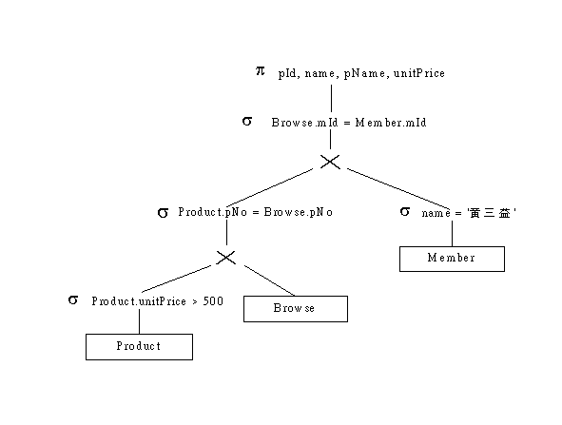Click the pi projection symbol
coord(261,71)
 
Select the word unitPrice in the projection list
coord(419,73)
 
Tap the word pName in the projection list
coord(364,73)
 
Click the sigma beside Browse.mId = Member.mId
coord(247,121)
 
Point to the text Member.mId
coord(391,123)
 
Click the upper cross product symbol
coord(330,162)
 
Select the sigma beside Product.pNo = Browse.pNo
coord(163,213)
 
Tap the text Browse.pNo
coord(299,212)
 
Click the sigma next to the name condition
coord(405,211)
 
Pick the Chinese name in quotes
coord(492,213)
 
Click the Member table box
coord(452,259)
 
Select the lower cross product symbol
coord(225,258)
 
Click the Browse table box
coord(296,309)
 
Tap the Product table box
coord(139,346)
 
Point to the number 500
coord(213,301)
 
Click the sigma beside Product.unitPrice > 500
coord(73,299)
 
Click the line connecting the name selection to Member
coord(452,233)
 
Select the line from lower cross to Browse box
coord(269,280)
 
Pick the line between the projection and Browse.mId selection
coord(331,98)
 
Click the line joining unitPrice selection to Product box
coord(139,321)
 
